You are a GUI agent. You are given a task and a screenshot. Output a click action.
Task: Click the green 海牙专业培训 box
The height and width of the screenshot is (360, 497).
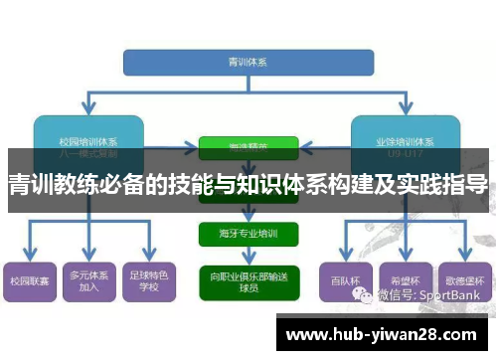point(248,236)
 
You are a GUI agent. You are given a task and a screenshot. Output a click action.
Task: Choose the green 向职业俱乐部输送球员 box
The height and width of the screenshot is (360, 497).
point(248,279)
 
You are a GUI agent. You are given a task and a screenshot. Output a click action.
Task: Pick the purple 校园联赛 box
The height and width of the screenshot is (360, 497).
point(29,282)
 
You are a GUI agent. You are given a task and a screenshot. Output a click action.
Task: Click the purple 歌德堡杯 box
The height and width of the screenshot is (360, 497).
point(463,281)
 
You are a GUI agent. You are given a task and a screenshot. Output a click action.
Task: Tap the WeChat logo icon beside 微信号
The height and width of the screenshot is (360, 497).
point(368,295)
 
